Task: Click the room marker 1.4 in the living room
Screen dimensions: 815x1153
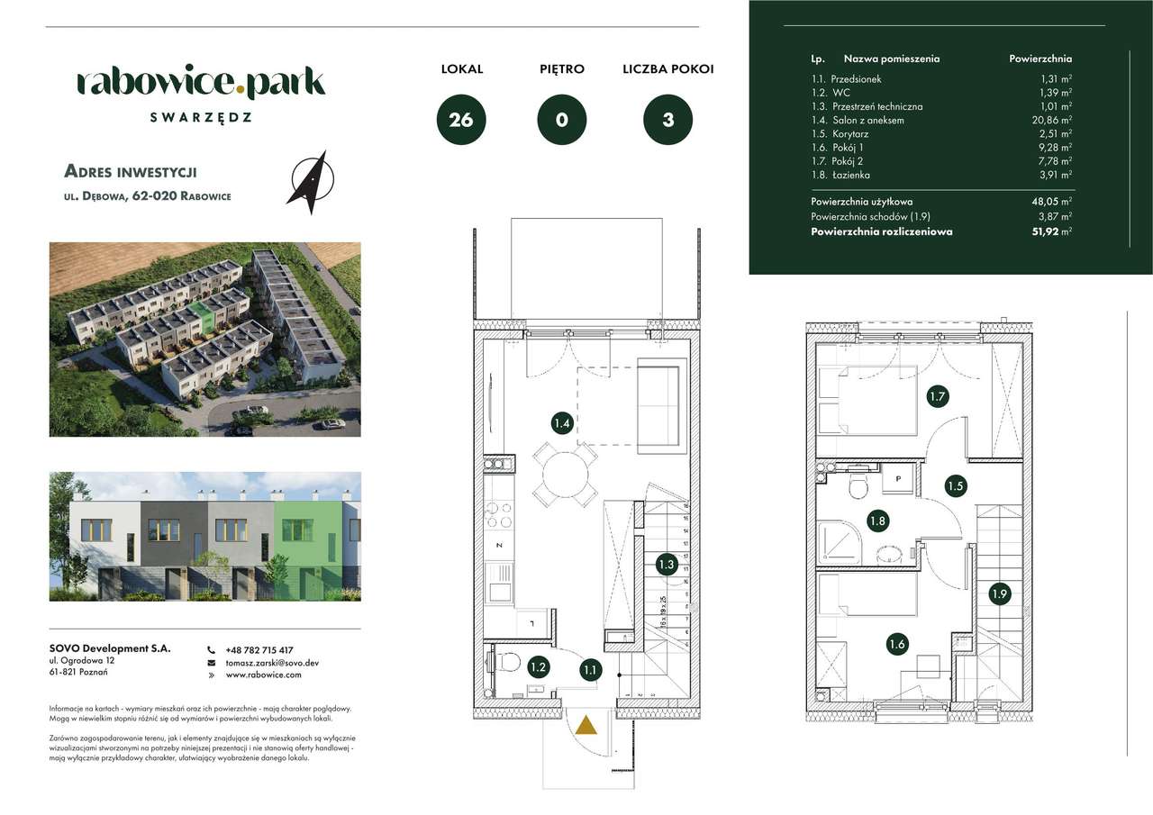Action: [x=562, y=422]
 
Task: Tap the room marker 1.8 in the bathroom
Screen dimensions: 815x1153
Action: [x=876, y=520]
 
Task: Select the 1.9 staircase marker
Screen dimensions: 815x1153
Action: [x=999, y=593]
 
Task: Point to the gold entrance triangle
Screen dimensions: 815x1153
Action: [x=586, y=726]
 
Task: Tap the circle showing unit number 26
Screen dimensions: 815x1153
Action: [x=461, y=120]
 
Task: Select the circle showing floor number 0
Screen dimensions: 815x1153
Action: [x=562, y=120]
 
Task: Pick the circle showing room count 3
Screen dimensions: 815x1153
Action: [x=667, y=120]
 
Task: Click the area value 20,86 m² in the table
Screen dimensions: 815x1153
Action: [x=1050, y=120]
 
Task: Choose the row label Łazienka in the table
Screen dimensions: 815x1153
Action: [x=850, y=175]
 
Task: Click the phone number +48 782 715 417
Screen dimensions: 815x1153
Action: [x=259, y=650]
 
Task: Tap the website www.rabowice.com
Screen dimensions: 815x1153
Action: [x=263, y=674]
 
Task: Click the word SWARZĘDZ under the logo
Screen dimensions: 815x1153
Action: [x=200, y=117]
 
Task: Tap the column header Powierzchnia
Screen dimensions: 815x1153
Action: [x=1040, y=59]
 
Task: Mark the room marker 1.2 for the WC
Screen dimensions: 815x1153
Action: [x=538, y=667]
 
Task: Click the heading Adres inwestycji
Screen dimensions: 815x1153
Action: [x=131, y=171]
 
